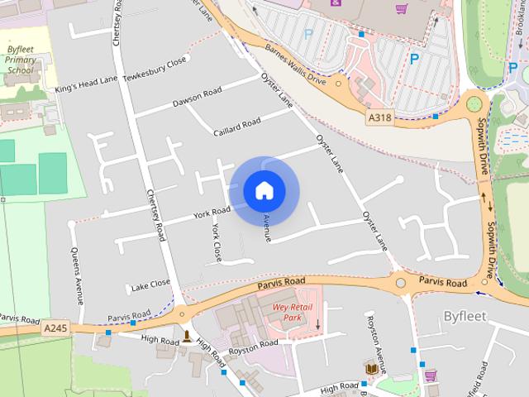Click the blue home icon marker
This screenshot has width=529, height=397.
(264, 190)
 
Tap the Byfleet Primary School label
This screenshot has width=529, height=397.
(20, 60)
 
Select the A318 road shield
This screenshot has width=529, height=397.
(379, 118)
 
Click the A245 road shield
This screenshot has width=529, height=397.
(55, 328)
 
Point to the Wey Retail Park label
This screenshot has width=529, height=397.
(287, 312)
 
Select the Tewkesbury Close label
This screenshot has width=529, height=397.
(155, 70)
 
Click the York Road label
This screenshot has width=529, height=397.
(212, 213)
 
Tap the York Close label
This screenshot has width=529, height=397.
(217, 242)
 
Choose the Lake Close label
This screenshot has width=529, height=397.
(150, 285)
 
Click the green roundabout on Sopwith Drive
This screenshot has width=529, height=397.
(474, 104)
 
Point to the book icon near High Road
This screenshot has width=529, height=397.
(371, 367)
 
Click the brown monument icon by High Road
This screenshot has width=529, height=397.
(188, 337)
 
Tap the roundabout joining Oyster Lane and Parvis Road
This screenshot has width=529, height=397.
(401, 283)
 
